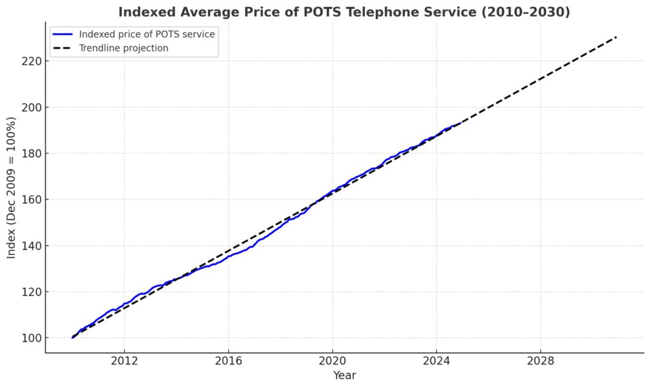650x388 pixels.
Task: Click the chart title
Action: click(343, 12)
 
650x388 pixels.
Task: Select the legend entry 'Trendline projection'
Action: click(123, 48)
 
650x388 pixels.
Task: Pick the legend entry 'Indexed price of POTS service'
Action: click(147, 34)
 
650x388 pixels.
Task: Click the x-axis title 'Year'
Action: click(345, 375)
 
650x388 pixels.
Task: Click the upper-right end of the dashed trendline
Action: click(616, 37)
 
